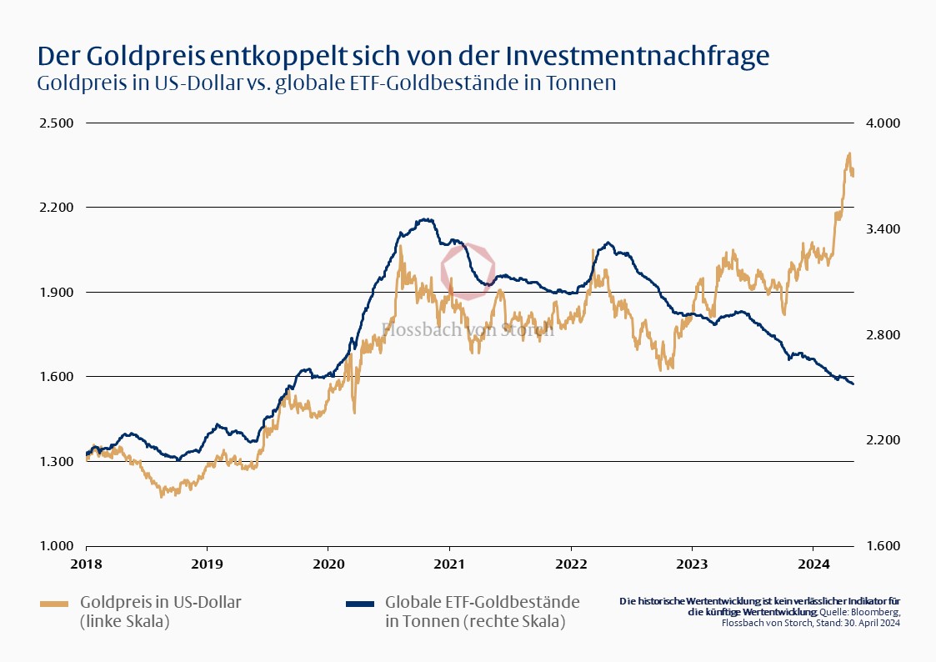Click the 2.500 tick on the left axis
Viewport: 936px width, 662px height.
click(x=57, y=123)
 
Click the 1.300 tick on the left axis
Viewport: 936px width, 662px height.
click(x=57, y=461)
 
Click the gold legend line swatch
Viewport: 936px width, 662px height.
click(x=55, y=602)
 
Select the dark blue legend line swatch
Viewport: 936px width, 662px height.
click(x=360, y=602)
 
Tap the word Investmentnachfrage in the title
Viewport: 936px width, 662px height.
click(x=638, y=56)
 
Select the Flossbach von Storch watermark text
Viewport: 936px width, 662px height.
click(x=468, y=329)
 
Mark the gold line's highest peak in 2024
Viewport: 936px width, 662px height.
click(x=849, y=153)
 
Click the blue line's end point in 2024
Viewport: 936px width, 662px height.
click(x=853, y=384)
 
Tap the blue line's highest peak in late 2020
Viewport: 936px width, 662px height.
click(x=426, y=219)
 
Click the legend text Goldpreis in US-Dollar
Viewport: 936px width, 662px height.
click(x=166, y=602)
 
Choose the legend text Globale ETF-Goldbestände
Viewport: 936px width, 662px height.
click(x=482, y=602)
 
